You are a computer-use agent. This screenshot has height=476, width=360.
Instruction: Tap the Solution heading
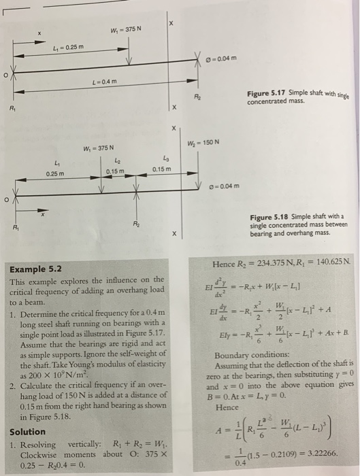coord(28,431)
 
